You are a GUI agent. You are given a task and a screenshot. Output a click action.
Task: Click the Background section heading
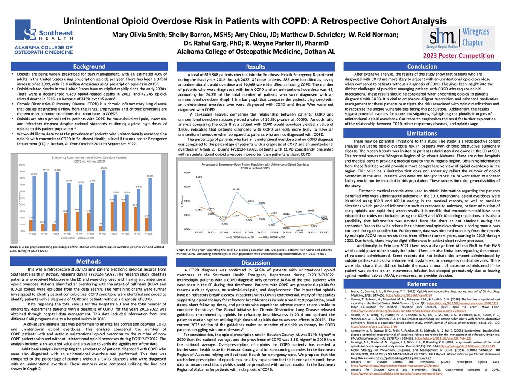pos(88,67)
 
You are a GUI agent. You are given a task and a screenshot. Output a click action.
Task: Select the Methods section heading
pos(88,261)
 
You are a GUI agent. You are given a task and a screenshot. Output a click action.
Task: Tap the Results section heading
pos(256,67)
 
